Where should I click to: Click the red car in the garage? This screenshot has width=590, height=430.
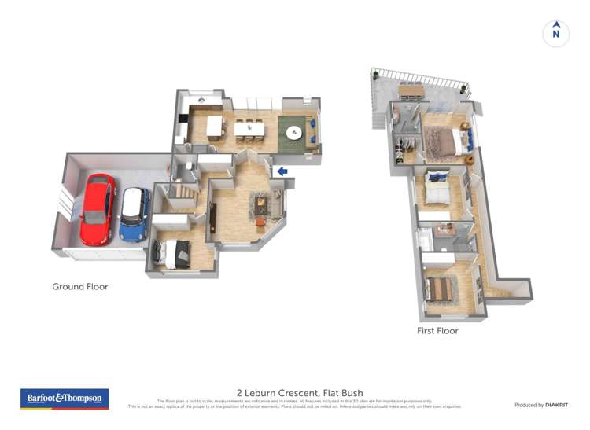tap(98, 209)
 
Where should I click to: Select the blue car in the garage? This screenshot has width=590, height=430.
tap(135, 214)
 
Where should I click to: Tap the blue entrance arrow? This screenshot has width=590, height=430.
tap(282, 171)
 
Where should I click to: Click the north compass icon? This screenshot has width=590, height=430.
tap(556, 33)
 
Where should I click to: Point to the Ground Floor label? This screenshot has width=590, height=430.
tap(80, 287)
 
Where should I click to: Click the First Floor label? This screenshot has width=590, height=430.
tap(437, 331)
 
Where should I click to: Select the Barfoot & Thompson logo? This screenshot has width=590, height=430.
tap(64, 399)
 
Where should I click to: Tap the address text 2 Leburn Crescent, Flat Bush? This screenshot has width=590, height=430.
tap(300, 393)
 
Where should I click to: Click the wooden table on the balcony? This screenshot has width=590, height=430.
tap(411, 91)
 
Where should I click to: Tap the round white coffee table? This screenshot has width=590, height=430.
tap(295, 131)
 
